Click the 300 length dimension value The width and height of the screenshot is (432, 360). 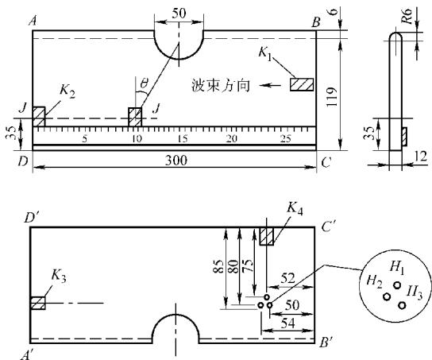pyautogui.click(x=176, y=161)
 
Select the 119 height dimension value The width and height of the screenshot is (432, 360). pyautogui.click(x=331, y=97)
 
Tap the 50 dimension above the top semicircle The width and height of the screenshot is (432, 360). pyautogui.click(x=179, y=13)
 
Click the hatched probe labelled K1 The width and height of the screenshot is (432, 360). pyautogui.click(x=302, y=84)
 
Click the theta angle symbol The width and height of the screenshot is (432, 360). pyautogui.click(x=144, y=83)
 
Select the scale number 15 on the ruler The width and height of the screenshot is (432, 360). pyautogui.click(x=183, y=138)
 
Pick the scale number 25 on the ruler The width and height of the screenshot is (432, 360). pyautogui.click(x=286, y=138)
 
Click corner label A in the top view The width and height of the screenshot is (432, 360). pyautogui.click(x=33, y=21)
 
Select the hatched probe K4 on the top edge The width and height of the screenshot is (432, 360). pyautogui.click(x=266, y=236)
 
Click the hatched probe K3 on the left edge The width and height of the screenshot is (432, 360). pyautogui.click(x=38, y=304)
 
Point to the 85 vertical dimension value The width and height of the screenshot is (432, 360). pyautogui.click(x=218, y=266)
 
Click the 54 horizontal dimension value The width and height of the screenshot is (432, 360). pyautogui.click(x=288, y=323)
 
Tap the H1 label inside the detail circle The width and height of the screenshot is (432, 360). pyautogui.click(x=397, y=268)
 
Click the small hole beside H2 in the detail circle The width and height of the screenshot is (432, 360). pyautogui.click(x=387, y=297)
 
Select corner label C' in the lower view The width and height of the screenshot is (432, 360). pyautogui.click(x=328, y=227)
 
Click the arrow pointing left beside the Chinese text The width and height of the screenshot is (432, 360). pyautogui.click(x=270, y=85)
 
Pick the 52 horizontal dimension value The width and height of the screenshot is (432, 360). pyautogui.click(x=287, y=279)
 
